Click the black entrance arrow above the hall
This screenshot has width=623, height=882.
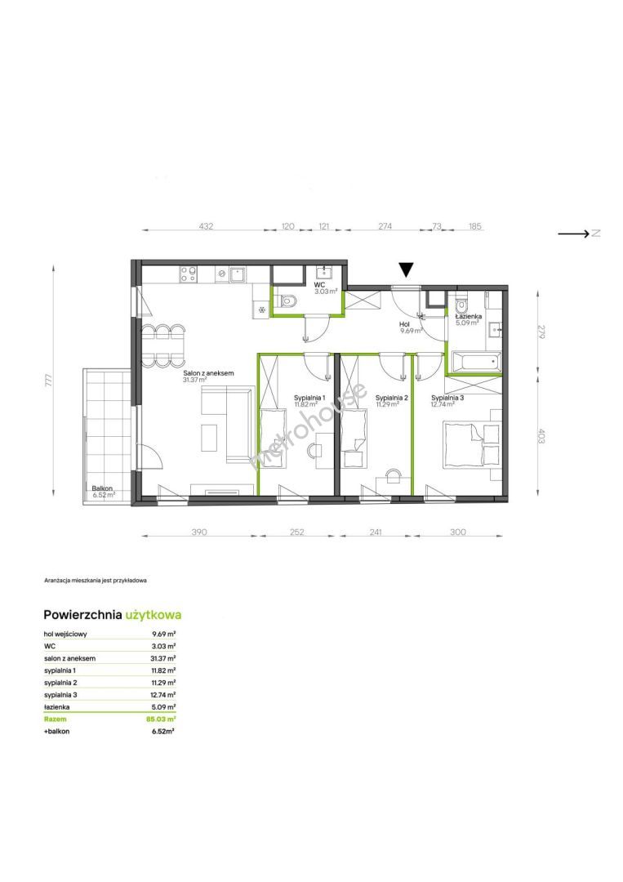click(406, 270)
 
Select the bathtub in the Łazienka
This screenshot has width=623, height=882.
click(476, 361)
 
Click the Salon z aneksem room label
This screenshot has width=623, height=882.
click(208, 373)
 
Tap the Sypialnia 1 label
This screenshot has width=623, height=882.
click(309, 398)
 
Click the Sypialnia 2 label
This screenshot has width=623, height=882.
click(391, 398)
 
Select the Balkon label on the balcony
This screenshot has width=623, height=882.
click(102, 488)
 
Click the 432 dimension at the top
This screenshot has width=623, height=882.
click(207, 227)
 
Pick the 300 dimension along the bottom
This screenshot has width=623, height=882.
click(458, 532)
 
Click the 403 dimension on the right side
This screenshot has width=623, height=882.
click(541, 436)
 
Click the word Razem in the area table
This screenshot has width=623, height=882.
click(55, 719)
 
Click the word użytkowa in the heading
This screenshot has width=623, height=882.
click(154, 615)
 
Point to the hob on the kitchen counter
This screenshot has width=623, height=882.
click(188, 274)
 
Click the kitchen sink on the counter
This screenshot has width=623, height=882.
click(238, 274)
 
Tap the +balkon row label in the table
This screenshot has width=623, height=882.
click(57, 731)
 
